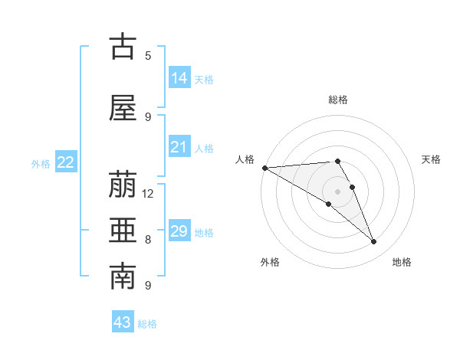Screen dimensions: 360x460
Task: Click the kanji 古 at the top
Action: (x=123, y=47)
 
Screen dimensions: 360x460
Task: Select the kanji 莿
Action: (x=123, y=186)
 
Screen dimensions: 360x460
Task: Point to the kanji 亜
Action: (x=123, y=232)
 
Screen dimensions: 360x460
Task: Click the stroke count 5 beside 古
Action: (x=148, y=55)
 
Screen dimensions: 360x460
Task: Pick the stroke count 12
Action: (x=148, y=193)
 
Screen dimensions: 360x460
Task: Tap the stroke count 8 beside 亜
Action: (x=148, y=239)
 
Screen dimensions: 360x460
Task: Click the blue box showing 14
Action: (x=179, y=78)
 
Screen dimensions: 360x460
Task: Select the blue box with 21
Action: (x=179, y=147)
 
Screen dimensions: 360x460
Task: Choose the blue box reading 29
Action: (x=179, y=231)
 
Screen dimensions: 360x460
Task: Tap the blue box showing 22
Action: (x=66, y=162)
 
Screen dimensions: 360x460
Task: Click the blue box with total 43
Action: (x=123, y=322)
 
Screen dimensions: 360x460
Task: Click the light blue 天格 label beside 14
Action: (x=204, y=80)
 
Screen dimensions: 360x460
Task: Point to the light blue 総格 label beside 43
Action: (x=147, y=324)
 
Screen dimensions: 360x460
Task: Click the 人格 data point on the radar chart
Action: (x=264, y=168)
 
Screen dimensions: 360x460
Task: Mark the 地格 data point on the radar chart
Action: (x=374, y=242)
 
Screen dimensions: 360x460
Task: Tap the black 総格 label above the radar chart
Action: (x=337, y=100)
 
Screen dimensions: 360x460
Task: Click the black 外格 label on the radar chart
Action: (x=270, y=262)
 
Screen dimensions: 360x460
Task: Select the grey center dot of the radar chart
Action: (x=337, y=191)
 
